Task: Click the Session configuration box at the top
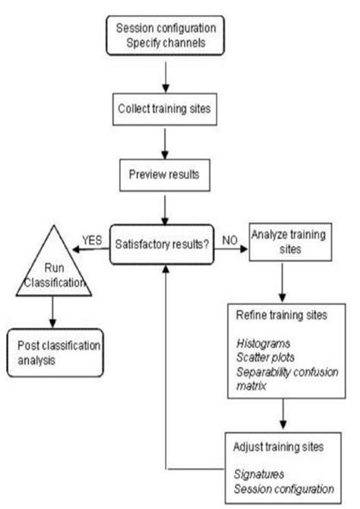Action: [165, 35]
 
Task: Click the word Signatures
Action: [257, 471]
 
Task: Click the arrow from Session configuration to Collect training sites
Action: [165, 74]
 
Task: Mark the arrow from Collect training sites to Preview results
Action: [165, 141]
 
